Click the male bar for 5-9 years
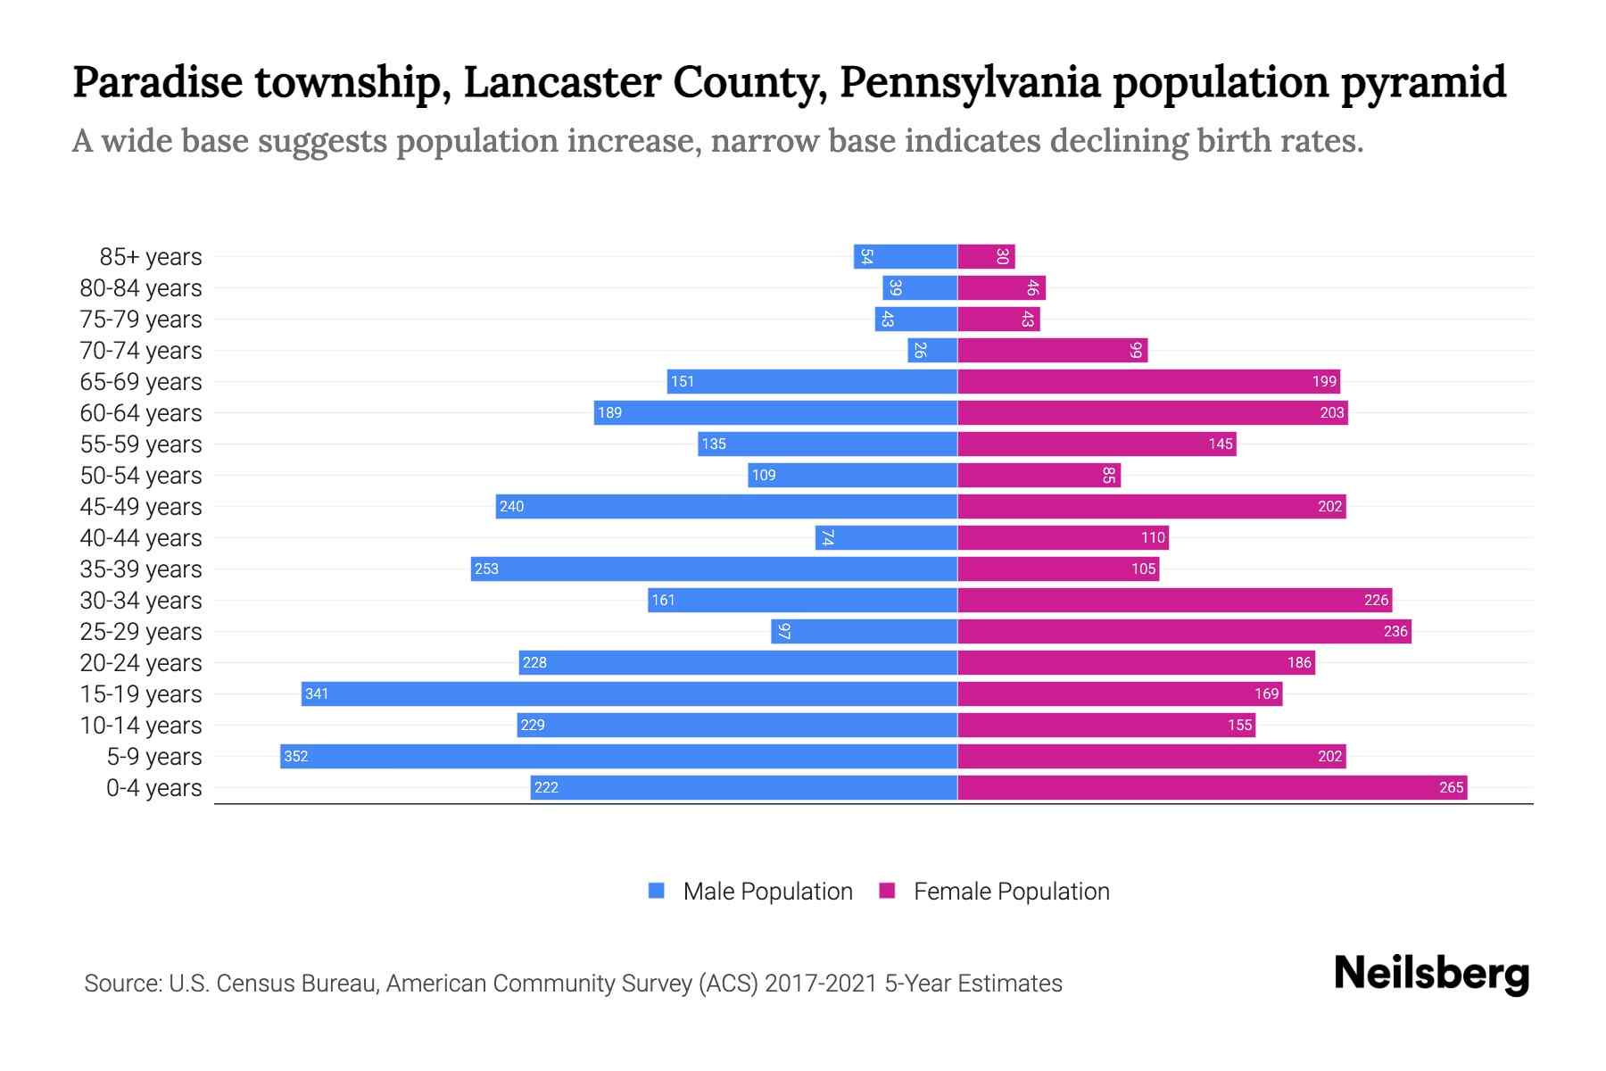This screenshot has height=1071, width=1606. tap(618, 756)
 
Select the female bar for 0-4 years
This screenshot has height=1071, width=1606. tap(1212, 787)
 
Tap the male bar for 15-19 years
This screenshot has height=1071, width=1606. tap(629, 693)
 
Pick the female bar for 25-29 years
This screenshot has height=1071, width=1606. tap(1184, 631)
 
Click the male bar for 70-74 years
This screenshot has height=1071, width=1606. tap(932, 350)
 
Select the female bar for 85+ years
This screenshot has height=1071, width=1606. tap(986, 256)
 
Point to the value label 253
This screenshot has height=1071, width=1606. tap(486, 569)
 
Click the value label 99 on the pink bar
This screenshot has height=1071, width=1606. tap(1135, 350)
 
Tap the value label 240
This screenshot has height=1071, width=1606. tap(511, 506)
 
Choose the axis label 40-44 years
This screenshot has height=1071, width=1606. tap(141, 537)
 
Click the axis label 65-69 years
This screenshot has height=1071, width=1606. tap(141, 381)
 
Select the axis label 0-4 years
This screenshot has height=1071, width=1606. tap(153, 787)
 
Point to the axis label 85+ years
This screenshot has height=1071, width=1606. tap(151, 256)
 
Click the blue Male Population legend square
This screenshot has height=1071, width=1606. tap(657, 891)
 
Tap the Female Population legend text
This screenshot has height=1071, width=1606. tap(1011, 891)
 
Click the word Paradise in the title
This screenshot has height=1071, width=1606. tap(157, 82)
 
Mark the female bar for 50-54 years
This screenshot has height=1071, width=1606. tap(1039, 475)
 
